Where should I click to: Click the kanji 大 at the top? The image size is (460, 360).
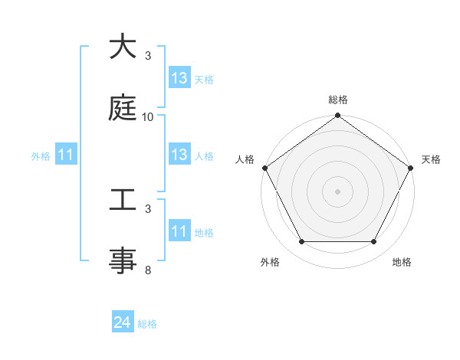123,47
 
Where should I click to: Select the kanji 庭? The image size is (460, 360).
123,109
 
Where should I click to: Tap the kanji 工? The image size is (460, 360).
123,200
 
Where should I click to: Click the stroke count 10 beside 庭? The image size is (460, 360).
148,117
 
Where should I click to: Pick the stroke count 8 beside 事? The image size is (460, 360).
148,270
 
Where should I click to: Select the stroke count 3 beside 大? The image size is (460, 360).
148,56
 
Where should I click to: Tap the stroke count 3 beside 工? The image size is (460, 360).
148,208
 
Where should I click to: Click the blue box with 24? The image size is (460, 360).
123,323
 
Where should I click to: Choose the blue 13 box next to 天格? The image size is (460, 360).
179,78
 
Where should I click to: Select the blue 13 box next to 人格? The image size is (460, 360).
179,155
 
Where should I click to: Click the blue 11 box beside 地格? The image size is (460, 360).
179,231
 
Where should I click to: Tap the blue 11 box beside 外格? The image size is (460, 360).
66,155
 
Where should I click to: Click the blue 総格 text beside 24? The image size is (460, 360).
147,324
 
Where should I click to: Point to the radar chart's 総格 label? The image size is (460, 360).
338,100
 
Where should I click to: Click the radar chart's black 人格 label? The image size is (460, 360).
245,159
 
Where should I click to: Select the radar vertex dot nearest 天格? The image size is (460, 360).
412,168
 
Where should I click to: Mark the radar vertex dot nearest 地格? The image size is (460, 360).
374,242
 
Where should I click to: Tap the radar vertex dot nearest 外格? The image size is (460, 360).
301,242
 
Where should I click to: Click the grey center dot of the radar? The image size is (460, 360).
337,191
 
